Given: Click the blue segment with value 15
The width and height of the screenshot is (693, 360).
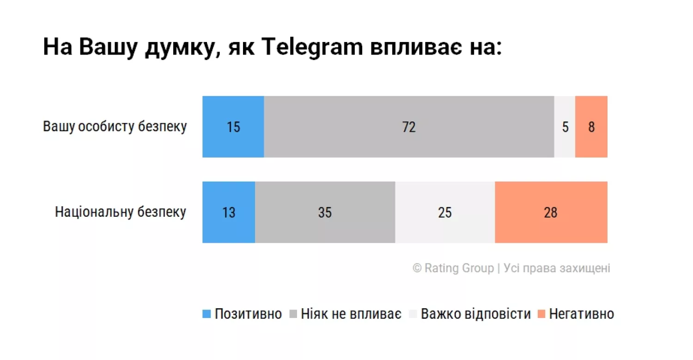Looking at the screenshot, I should click(x=233, y=127).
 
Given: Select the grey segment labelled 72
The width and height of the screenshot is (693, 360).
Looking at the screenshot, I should click(x=409, y=127).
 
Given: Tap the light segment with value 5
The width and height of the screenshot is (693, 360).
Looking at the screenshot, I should click(x=565, y=127).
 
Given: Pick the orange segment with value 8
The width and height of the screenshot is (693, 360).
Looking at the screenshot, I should click(x=591, y=127).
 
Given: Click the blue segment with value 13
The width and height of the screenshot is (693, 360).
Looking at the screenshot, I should click(x=229, y=212).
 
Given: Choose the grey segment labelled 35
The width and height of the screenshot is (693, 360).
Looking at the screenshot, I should click(x=325, y=212).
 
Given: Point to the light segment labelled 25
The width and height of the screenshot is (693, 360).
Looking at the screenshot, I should click(x=445, y=212).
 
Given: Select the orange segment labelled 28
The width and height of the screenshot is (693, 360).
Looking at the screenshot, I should click(x=551, y=212).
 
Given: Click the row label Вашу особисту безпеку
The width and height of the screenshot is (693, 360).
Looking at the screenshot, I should click(x=115, y=127).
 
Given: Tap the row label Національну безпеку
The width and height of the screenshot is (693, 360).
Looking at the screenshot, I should click(x=121, y=212).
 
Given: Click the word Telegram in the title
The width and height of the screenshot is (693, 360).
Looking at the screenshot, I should click(x=313, y=48).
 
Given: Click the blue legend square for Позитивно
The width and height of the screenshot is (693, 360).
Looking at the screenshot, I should click(x=207, y=314).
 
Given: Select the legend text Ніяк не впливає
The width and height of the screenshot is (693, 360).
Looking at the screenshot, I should click(x=351, y=314).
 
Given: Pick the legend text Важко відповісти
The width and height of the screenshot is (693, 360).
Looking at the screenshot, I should click(x=476, y=314).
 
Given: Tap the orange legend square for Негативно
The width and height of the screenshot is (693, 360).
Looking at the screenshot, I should click(x=541, y=314).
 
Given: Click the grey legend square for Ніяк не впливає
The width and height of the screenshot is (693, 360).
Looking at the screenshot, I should click(x=293, y=314).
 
